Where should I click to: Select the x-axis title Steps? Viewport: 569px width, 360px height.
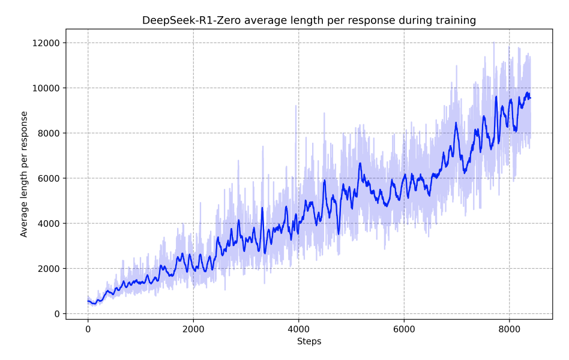[x=309, y=342]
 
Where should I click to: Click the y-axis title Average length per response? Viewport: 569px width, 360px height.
[x=25, y=174]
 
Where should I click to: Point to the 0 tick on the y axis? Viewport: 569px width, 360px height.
[x=57, y=314]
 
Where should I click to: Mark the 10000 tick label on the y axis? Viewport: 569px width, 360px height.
[x=47, y=88]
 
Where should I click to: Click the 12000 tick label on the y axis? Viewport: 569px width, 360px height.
[x=47, y=43]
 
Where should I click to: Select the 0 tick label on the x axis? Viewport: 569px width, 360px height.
[x=88, y=329]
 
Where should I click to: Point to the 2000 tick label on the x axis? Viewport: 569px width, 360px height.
[x=193, y=329]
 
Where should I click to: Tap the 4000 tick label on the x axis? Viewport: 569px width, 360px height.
[x=298, y=329]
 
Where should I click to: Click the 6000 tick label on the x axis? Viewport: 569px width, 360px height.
[x=404, y=329]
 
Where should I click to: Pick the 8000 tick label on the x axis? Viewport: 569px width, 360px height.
[x=509, y=329]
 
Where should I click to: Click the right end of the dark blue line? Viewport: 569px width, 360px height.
[x=531, y=98]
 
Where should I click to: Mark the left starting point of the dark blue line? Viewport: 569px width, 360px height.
[x=88, y=301]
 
